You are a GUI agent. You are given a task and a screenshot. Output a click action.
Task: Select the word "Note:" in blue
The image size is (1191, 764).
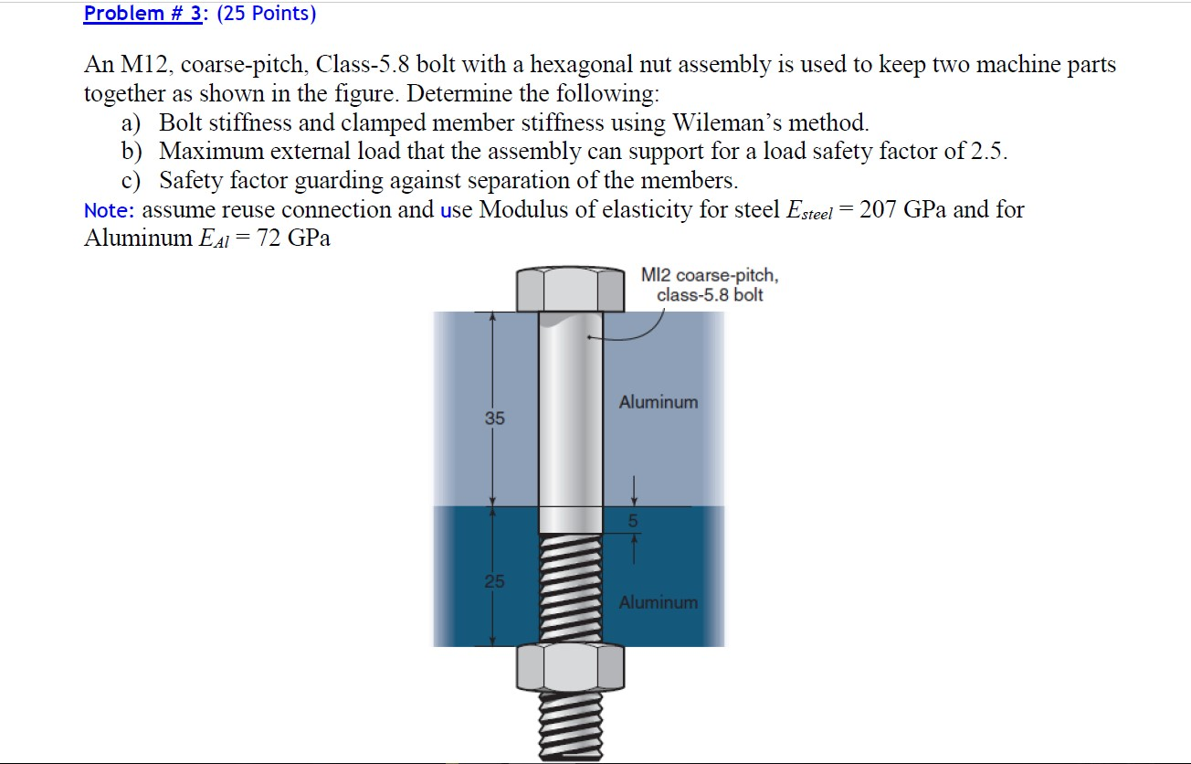[x=109, y=210]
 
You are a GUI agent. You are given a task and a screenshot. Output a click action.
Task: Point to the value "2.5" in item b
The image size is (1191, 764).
[x=986, y=152]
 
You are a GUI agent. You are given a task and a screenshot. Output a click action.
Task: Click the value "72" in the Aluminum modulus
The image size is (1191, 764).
[x=267, y=239]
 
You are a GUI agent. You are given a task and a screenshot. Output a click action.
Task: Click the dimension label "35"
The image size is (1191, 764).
[x=494, y=419]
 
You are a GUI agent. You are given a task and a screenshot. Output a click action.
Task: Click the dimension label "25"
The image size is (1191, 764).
[x=494, y=581]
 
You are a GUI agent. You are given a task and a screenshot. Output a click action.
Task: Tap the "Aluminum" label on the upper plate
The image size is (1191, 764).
[x=658, y=402]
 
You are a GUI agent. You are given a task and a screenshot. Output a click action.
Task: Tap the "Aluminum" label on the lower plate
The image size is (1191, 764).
[x=658, y=602]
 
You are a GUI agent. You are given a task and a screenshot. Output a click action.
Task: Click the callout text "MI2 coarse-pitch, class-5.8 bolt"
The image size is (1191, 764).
[x=709, y=285]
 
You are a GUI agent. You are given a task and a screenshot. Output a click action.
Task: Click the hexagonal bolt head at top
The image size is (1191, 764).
[x=570, y=289]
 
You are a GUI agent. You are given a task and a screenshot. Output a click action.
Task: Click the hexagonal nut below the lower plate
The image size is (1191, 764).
[x=570, y=667]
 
